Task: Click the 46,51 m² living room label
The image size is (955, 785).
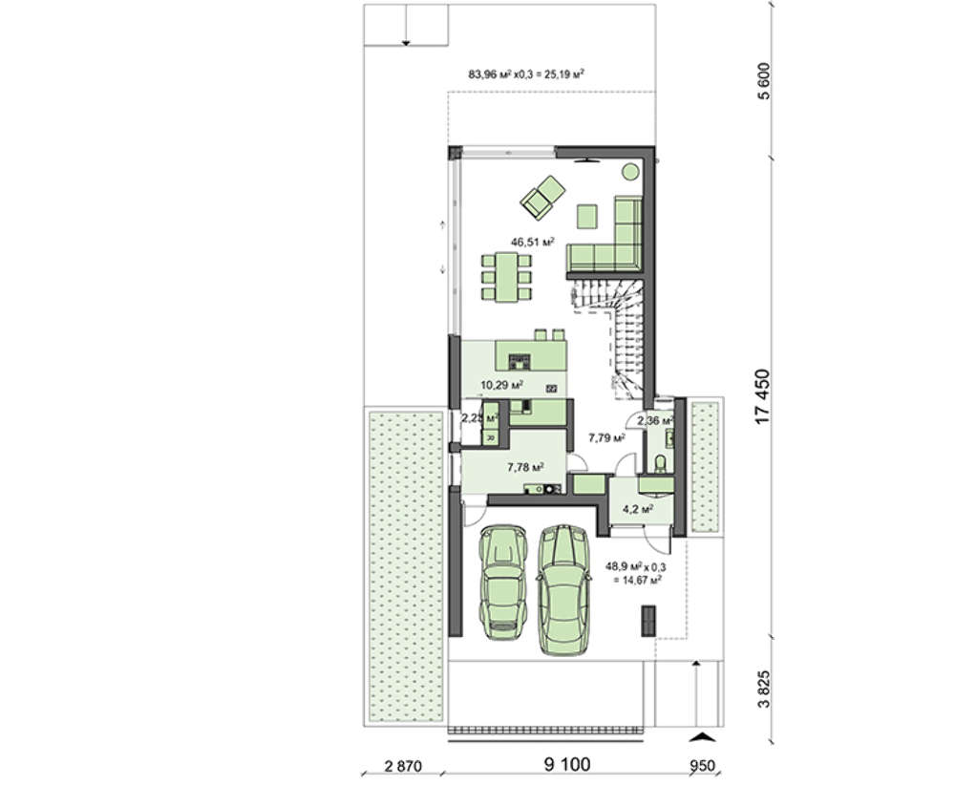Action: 532,242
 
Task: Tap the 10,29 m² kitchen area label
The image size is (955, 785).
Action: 502,385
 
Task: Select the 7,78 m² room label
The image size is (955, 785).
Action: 525,467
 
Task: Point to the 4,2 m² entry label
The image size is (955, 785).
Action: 638,509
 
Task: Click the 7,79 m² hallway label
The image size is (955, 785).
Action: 606,436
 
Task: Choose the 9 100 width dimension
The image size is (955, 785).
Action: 567,764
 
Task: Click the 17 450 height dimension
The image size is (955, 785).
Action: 762,396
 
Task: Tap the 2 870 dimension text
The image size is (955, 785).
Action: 403,766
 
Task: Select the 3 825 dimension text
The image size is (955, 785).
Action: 764,689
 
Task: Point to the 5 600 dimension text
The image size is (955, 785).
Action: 765,81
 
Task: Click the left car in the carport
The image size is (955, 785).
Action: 502,583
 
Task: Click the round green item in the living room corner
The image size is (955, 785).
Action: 630,172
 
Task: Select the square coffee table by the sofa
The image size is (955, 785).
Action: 587,216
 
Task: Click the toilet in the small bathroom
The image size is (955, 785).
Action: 660,464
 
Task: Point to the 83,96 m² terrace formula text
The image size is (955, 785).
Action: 526,74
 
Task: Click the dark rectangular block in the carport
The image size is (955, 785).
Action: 648,621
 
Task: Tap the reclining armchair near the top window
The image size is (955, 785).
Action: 542,196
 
